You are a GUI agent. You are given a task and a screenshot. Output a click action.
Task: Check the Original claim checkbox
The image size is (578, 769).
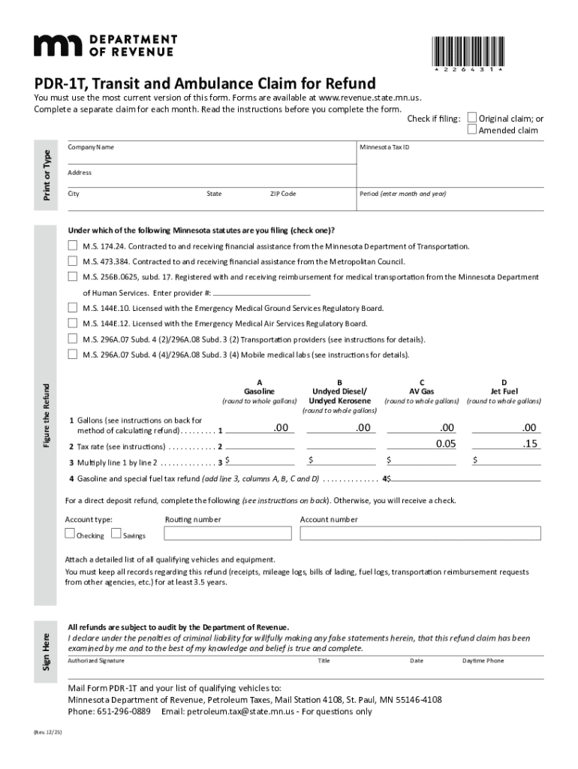pos(471,118)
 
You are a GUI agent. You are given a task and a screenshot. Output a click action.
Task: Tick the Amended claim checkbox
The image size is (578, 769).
pos(471,130)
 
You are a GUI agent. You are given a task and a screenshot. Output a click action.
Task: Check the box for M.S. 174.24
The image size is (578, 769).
pos(73,246)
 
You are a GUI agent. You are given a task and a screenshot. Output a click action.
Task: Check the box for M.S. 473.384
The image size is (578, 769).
pos(73,261)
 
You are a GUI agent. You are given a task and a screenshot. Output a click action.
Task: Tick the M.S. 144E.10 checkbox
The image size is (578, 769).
pos(73,308)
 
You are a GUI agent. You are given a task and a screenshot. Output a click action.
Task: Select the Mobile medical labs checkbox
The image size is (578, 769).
pos(73,354)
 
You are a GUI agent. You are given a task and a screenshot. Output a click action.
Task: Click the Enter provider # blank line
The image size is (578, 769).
pos(261,292)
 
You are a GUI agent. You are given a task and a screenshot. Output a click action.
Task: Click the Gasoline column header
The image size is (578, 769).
pos(259,391)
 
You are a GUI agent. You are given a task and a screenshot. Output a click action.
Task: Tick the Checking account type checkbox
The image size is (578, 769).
pos(70,534)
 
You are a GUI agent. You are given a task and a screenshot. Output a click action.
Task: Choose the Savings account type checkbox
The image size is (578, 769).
pos(116,534)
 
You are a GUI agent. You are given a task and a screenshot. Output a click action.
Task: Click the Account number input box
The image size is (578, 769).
pos(420,533)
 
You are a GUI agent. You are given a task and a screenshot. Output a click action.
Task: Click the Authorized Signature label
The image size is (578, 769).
pos(96,661)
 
